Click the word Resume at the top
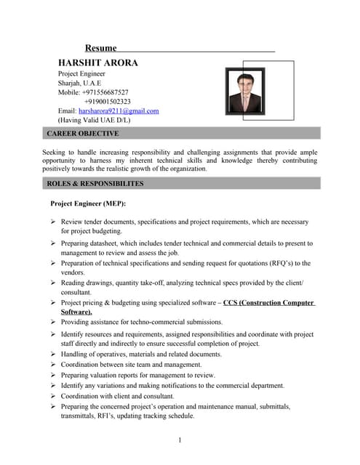pyautogui.click(x=101, y=48)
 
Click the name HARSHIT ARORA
pyautogui.click(x=97, y=63)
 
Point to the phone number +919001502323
pyautogui.click(x=108, y=102)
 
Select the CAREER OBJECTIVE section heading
pyautogui.click(x=82, y=134)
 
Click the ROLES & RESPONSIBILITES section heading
pyautogui.click(x=95, y=184)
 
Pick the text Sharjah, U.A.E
pyautogui.click(x=80, y=83)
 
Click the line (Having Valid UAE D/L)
pyautogui.click(x=94, y=121)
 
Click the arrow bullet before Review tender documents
pyautogui.click(x=53, y=222)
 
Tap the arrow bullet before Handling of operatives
pyautogui.click(x=53, y=355)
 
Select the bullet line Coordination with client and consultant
pyautogui.click(x=117, y=397)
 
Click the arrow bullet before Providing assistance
pyautogui.click(x=53, y=322)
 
